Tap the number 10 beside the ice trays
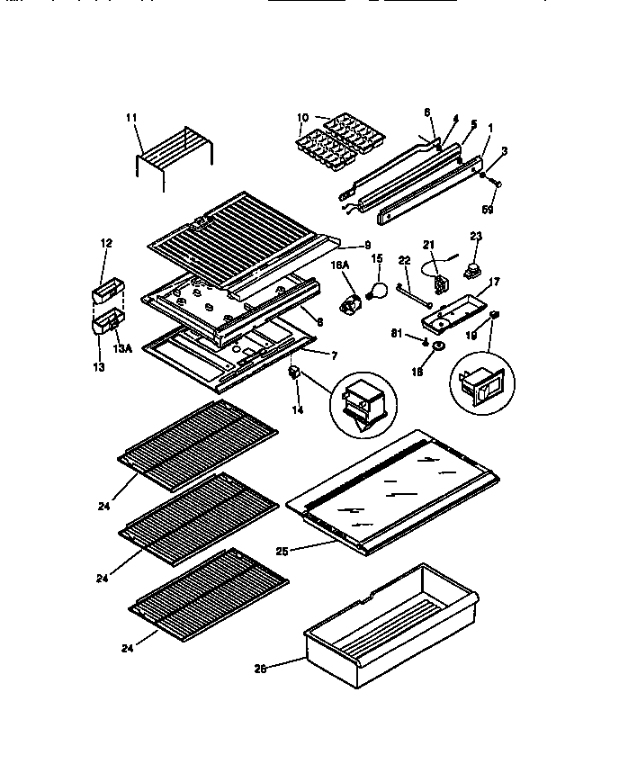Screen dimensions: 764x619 pos(301,118)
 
